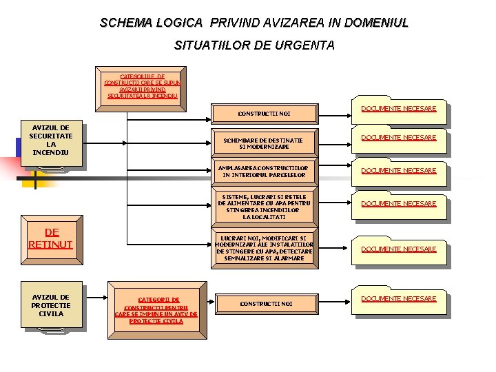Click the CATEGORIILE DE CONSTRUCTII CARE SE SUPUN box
[x=141, y=86]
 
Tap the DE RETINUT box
[x=51, y=238]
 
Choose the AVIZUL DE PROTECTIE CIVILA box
[x=51, y=305]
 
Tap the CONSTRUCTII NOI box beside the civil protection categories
[x=265, y=303]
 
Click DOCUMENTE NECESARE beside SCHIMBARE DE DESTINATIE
[x=399, y=138]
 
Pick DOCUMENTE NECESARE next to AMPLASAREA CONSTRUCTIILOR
[x=399, y=171]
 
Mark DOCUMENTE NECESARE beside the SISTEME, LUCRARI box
[x=399, y=204]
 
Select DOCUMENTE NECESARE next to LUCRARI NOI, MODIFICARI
[x=399, y=249]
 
